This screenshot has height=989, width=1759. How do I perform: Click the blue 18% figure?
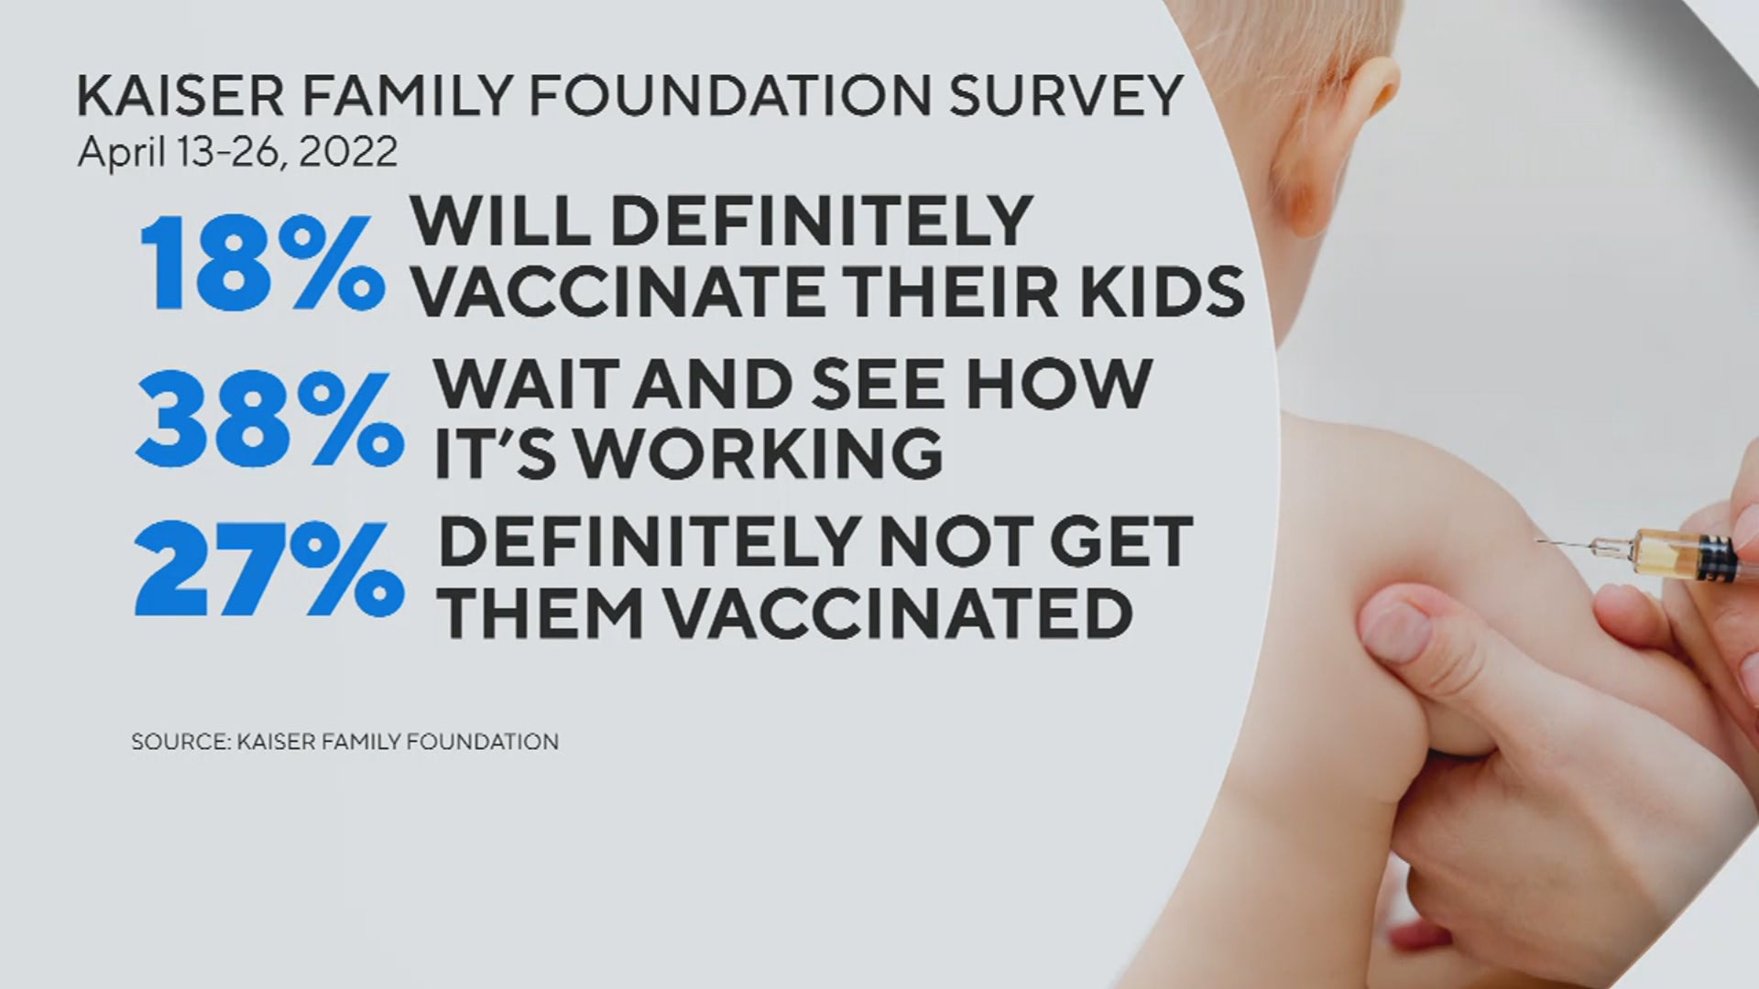pos(262,263)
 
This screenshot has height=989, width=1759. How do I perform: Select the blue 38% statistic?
pos(269,420)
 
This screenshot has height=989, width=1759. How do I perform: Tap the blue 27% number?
pos(269,569)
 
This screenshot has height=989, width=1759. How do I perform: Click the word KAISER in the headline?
pos(180,95)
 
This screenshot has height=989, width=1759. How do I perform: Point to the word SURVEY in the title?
pos(1065,95)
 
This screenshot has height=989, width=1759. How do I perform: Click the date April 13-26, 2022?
pos(237,151)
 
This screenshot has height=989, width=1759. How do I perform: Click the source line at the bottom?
pos(344,741)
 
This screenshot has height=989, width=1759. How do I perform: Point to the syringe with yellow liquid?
pos(1650,552)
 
